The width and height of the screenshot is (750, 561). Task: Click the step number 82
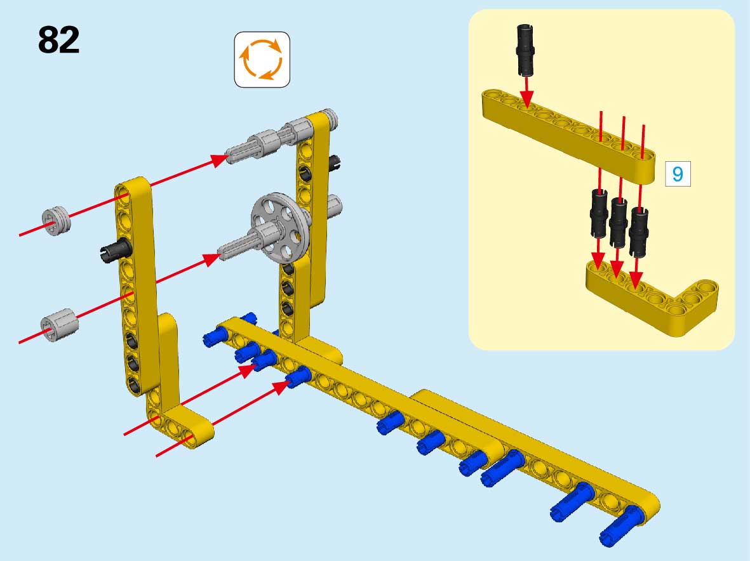[58, 39]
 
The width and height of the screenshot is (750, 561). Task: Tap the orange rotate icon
[262, 59]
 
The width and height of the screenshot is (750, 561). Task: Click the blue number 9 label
[678, 174]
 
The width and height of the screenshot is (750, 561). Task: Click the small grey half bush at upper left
[56, 221]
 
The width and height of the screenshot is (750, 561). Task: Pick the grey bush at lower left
[59, 324]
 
